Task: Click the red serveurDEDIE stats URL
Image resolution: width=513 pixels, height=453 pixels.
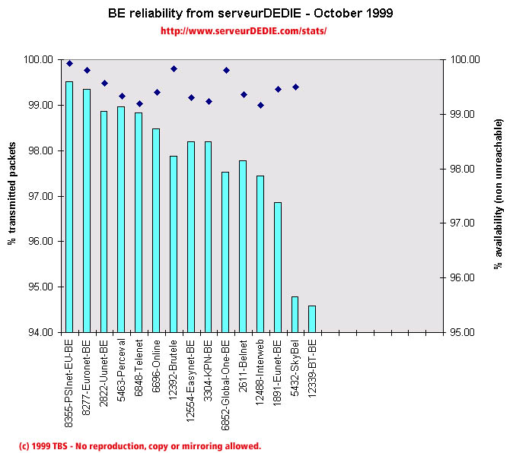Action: click(244, 31)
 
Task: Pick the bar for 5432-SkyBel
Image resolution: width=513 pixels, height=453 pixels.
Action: click(295, 315)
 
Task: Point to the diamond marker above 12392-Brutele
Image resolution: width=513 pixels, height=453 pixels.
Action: click(174, 68)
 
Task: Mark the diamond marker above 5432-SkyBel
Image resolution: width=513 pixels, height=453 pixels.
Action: click(295, 87)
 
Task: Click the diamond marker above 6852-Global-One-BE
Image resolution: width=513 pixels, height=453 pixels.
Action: click(226, 70)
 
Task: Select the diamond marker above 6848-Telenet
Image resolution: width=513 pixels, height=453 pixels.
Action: click(139, 103)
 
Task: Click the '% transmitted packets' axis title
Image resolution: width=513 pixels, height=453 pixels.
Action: click(12, 195)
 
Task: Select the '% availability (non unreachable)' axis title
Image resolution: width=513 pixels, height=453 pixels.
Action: click(499, 194)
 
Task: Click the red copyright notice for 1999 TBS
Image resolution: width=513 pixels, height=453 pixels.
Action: click(139, 446)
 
